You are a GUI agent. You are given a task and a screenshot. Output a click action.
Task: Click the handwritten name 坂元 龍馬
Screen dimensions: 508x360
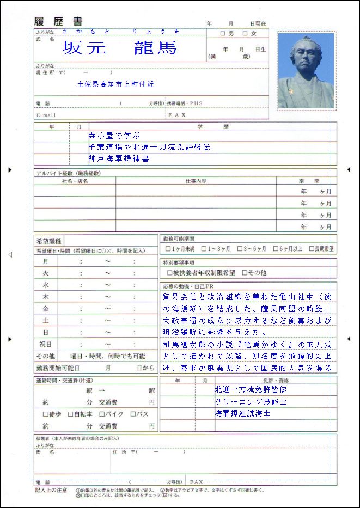coord(120,48)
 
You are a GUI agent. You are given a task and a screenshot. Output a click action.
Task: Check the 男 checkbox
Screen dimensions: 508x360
coord(222,34)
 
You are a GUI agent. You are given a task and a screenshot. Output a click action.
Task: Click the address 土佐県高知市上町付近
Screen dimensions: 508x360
coord(115,84)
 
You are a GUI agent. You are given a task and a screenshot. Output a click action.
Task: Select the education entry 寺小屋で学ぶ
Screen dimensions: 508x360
coord(114,136)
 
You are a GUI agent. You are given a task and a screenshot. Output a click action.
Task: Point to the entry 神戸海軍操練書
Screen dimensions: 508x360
coord(119,158)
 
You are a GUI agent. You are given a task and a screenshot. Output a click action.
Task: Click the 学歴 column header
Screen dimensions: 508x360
coord(209,126)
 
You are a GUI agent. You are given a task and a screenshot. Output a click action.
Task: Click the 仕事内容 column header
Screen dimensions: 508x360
coord(196,181)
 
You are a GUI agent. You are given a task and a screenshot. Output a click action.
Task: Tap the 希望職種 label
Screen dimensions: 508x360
coord(48,241)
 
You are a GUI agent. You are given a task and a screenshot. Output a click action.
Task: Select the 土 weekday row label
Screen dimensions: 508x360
coord(46,320)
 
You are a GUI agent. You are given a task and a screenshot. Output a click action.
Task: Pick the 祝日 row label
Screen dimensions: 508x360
coord(46,344)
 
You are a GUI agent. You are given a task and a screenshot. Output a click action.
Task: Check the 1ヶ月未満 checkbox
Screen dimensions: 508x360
coord(168,249)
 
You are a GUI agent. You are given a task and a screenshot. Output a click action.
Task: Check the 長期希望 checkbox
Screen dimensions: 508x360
coord(311,249)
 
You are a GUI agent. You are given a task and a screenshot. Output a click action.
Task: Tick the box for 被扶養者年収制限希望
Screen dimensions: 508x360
coord(168,272)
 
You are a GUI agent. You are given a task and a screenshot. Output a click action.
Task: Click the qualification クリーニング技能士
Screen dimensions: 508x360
coord(251,401)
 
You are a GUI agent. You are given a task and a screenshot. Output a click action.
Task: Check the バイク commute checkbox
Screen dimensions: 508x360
coord(102,414)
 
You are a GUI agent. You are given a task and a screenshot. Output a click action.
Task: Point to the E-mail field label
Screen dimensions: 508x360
coord(46,115)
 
